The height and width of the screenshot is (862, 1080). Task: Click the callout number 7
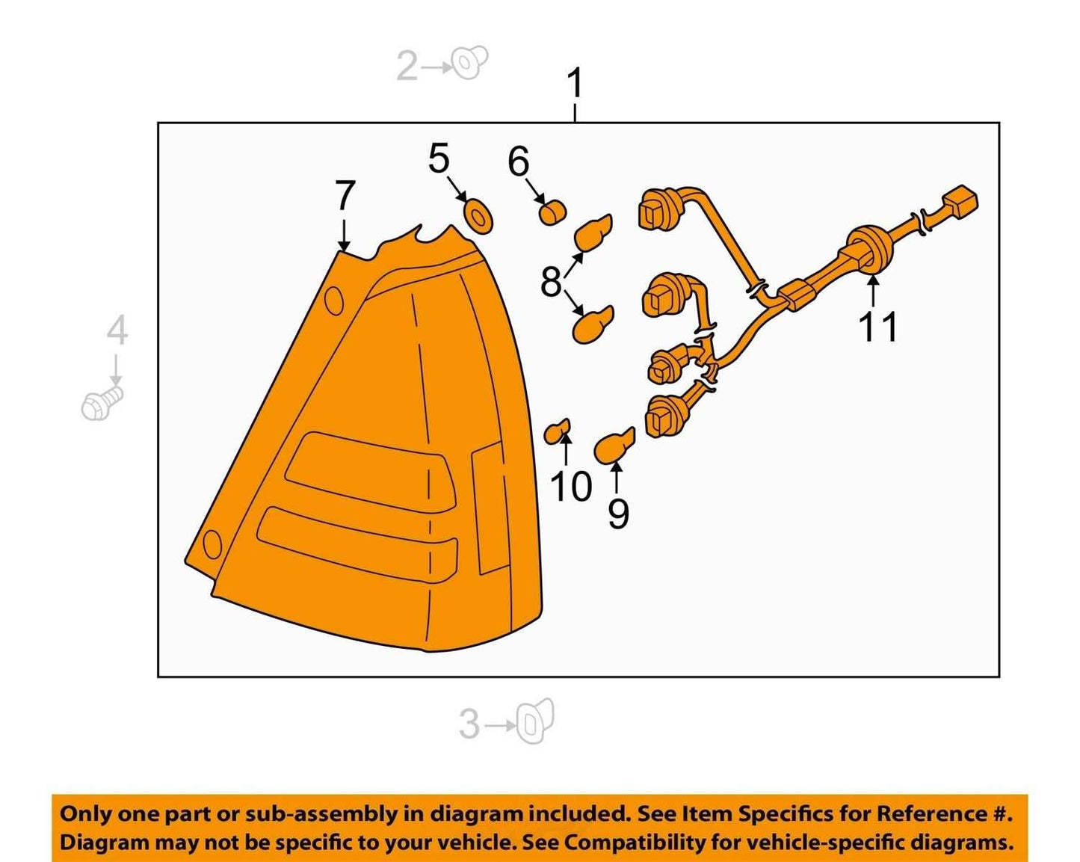[x=345, y=196]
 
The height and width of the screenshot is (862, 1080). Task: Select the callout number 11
[x=877, y=327]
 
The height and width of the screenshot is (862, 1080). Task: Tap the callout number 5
[x=439, y=158]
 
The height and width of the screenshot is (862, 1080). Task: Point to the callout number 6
[x=519, y=161]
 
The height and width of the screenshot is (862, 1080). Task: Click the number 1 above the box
[x=576, y=83]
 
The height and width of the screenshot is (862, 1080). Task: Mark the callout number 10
[x=571, y=487]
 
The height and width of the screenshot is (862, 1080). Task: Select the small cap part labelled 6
[x=552, y=213]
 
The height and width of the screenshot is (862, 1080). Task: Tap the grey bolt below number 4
[x=102, y=404]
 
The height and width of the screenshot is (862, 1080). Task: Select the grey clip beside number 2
[x=470, y=62]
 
